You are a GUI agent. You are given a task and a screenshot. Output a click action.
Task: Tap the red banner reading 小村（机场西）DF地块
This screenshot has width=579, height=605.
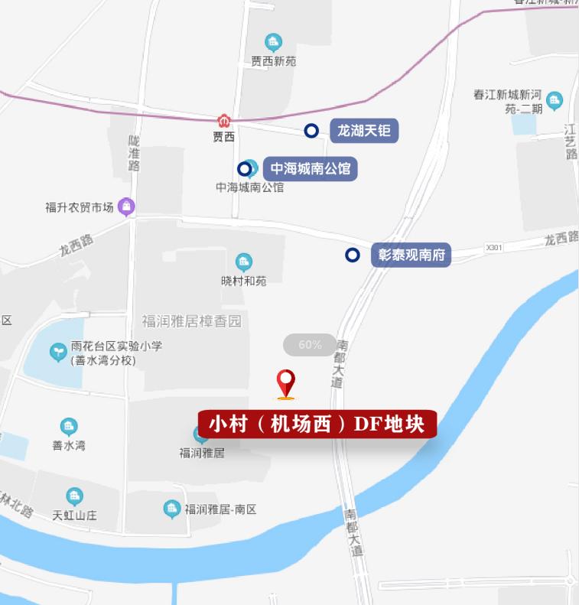click(317, 423)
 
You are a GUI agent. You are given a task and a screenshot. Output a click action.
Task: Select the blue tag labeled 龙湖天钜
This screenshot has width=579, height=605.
click(364, 131)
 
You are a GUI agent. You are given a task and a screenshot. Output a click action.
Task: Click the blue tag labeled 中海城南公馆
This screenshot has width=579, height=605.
click(311, 168)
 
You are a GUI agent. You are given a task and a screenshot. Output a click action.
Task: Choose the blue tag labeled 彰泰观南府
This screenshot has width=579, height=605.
click(411, 255)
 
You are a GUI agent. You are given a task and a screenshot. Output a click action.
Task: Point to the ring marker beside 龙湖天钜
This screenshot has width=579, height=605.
click(311, 131)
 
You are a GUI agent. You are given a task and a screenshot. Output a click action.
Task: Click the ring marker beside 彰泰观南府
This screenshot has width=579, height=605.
click(352, 255)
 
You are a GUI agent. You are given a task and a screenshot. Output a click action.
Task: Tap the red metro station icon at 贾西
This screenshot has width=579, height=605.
click(223, 121)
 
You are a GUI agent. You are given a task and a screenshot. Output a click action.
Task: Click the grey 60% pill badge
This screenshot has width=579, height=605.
click(310, 345)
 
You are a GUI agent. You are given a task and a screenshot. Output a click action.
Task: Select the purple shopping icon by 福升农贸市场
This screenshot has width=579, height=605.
click(127, 207)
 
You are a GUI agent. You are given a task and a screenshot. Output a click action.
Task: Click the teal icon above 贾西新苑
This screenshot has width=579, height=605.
click(273, 42)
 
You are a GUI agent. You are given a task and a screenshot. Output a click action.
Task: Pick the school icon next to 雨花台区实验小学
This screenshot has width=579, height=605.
click(58, 352)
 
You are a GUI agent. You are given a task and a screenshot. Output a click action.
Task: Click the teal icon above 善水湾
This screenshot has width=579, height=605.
click(69, 427)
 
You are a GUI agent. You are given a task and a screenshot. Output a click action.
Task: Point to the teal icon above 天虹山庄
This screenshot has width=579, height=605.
click(74, 497)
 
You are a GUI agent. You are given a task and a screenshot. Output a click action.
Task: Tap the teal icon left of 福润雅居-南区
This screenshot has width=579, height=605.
click(173, 509)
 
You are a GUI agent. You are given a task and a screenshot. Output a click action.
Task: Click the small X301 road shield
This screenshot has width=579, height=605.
click(494, 248)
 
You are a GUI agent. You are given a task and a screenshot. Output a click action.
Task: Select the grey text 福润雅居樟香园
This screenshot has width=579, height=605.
click(191, 321)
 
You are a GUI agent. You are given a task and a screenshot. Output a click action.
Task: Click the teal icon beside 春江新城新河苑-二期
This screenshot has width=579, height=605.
click(555, 100)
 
